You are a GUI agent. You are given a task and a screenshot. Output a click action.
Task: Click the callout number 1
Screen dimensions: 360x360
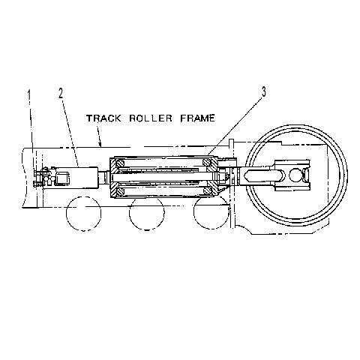[29, 95]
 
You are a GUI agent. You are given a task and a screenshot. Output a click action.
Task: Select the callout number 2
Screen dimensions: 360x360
[61, 93]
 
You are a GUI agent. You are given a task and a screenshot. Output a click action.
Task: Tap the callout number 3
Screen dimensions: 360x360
[264, 91]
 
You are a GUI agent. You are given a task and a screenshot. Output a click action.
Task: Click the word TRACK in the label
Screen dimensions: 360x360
[103, 118]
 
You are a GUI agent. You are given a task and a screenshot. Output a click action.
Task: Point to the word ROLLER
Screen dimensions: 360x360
[151, 118]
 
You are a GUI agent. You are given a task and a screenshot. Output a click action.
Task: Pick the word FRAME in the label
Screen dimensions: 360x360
[197, 118]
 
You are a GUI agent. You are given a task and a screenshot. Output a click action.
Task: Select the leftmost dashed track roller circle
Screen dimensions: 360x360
[84, 214]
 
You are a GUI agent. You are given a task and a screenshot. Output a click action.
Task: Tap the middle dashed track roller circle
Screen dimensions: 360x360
[147, 214]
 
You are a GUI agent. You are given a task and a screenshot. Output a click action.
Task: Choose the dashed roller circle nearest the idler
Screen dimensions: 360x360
[211, 212]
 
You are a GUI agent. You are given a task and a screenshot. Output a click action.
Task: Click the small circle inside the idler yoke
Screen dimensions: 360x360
[295, 175]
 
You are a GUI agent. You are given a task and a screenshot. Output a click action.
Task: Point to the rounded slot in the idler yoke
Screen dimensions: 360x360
[265, 175]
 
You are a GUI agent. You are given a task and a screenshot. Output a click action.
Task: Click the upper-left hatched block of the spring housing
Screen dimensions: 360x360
[117, 165]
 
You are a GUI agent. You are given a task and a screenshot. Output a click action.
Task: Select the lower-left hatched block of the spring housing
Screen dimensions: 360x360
[117, 189]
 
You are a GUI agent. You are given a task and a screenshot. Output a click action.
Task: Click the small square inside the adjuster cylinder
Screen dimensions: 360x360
[62, 177]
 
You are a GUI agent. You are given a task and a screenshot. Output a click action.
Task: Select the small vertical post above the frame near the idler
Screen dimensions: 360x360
[231, 144]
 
